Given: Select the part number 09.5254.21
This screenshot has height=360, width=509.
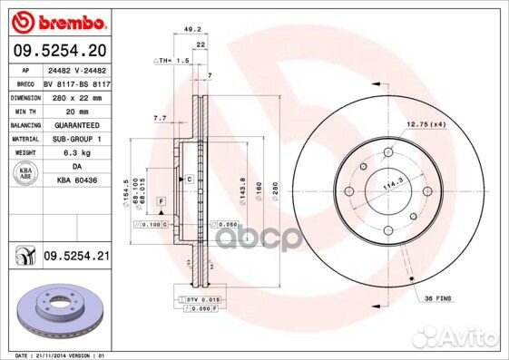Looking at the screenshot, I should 77,258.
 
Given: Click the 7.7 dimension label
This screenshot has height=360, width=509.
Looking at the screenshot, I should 160,119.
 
